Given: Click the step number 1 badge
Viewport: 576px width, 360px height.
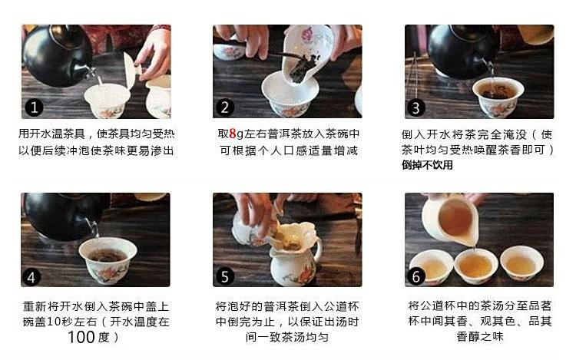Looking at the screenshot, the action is point(34,107).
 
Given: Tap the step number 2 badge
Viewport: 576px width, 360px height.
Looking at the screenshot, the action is point(225,107).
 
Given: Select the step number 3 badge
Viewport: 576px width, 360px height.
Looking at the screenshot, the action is point(416,108).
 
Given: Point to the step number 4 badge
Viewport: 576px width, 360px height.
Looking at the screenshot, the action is point(31,276).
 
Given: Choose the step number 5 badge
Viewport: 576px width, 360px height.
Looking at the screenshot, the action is point(225,276).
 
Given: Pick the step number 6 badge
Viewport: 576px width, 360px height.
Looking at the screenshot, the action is point(416,276).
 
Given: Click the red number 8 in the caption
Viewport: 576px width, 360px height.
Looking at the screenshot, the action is point(233,134).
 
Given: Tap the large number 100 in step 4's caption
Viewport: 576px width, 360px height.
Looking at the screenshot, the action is point(81,337).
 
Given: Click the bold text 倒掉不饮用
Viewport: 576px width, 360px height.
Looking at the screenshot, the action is point(427,165).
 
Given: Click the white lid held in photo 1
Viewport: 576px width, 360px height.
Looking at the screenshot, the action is point(131,70).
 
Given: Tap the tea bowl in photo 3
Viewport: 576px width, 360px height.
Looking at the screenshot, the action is point(498,97).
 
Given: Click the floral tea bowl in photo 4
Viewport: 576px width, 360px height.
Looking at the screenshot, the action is point(108,260).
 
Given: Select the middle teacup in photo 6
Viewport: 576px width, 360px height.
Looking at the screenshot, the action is point(476,266).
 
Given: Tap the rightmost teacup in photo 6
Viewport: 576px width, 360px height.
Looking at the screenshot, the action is point(521,263).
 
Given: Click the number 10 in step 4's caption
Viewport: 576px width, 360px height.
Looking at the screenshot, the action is point(53,322).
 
